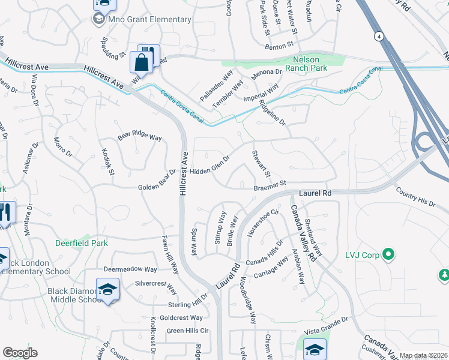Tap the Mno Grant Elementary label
click(149, 19)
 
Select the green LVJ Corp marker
click(388, 255)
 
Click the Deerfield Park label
click(82, 244)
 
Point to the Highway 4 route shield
click(379, 37)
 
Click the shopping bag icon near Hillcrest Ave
click(140, 62)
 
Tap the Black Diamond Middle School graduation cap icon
click(107, 290)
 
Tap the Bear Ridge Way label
click(140, 137)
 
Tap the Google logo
click(20, 353)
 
